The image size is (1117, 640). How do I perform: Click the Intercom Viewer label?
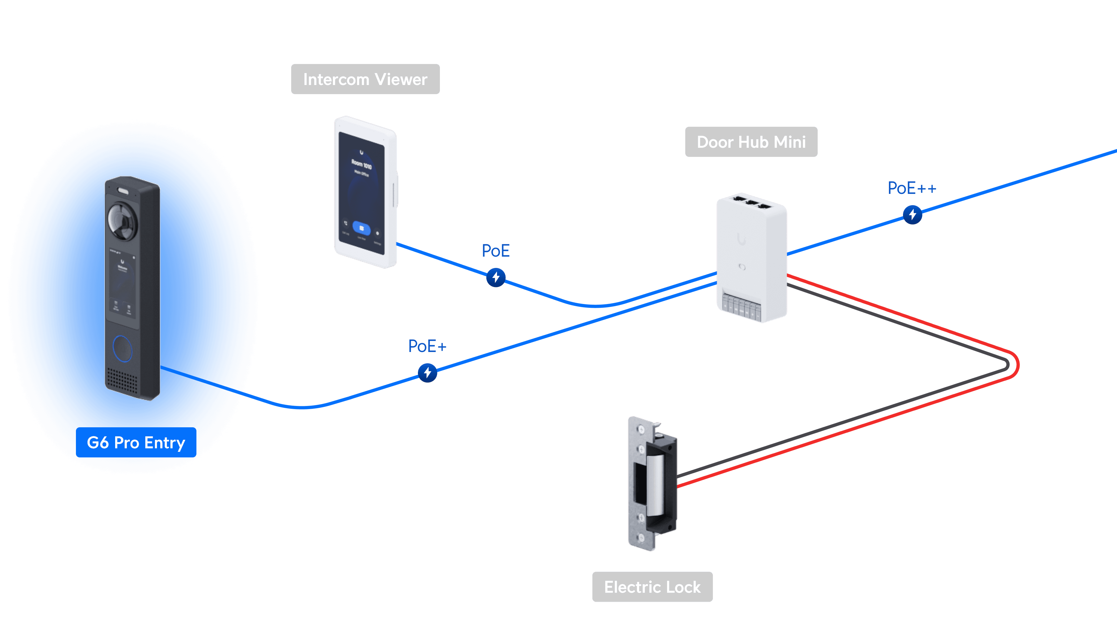(x=365, y=79)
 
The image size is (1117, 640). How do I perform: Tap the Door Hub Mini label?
(x=751, y=142)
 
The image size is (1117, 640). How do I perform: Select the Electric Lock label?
(x=652, y=587)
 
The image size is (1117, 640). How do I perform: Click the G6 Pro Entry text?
(x=136, y=443)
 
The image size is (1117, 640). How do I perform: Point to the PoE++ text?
(x=912, y=188)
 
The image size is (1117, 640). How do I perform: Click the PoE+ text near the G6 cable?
(x=427, y=346)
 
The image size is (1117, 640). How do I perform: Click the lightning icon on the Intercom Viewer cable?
(x=496, y=277)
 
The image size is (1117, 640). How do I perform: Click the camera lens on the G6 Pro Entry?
(x=122, y=221)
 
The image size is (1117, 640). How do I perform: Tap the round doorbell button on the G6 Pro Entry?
(x=122, y=349)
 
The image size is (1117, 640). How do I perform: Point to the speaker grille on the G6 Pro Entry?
(x=122, y=379)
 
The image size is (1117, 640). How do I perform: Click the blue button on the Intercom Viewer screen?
(x=361, y=228)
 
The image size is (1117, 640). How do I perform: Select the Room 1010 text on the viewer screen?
(x=361, y=164)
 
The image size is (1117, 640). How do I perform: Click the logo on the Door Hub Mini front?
(x=742, y=240)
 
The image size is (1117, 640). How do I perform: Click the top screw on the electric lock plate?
(x=641, y=429)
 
